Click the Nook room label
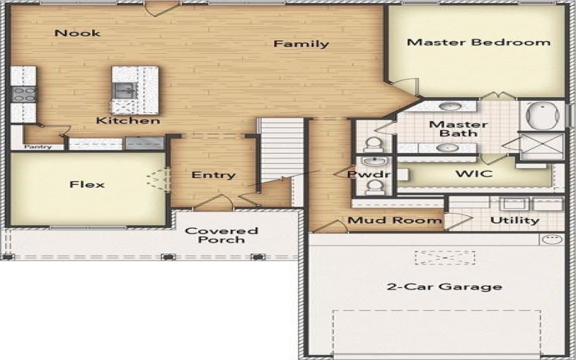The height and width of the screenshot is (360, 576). point(77,33)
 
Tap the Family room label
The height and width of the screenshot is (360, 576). point(301,45)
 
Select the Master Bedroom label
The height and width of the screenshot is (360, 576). point(478,42)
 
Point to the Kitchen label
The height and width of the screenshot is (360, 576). point(128,121)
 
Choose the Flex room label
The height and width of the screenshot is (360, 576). point(87,184)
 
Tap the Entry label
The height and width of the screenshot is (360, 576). point(213,175)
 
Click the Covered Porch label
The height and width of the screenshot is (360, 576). point(222,235)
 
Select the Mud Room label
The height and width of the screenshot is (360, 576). point(395,220)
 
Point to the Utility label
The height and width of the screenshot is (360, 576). point(515,220)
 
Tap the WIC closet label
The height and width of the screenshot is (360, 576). point(473,174)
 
